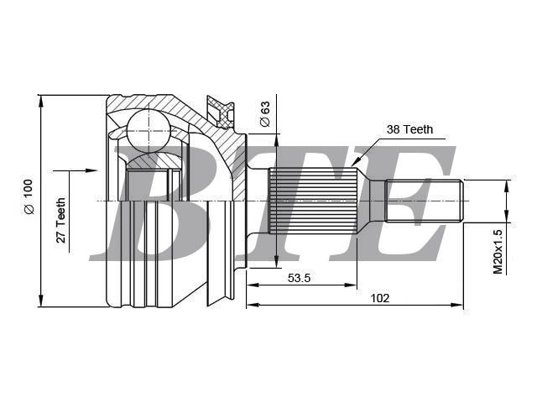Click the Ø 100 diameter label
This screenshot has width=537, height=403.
(29, 196)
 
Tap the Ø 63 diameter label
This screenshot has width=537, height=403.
(265, 114)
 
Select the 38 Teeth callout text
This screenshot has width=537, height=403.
(409, 129)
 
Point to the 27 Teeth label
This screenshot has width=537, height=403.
(60, 220)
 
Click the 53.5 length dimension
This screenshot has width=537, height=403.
(299, 278)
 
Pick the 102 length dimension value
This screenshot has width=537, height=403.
(380, 298)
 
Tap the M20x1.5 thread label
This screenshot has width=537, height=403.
(498, 252)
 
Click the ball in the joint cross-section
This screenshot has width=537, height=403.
(149, 131)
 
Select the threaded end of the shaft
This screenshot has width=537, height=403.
(425, 201)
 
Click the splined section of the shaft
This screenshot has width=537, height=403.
(313, 201)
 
